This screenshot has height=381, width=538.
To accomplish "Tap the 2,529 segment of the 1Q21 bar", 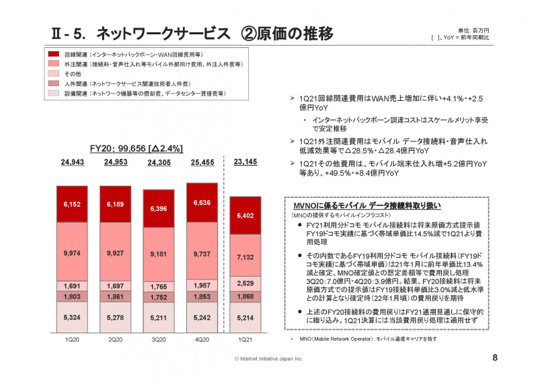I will coord(246,283).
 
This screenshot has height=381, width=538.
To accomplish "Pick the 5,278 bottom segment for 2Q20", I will coord(116,318).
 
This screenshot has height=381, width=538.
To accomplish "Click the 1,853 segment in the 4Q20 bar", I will coord(202,297).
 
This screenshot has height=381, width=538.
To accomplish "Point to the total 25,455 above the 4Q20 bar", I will coord(202,162).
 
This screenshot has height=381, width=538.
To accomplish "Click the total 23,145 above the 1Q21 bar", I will coord(246,162).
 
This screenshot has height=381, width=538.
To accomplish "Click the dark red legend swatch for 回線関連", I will coord(53,53).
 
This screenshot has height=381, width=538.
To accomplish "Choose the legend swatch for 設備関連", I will coord(53,94).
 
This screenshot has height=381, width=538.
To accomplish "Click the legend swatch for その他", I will coord(53,73).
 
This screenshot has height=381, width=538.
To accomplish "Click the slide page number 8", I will coord(495,357).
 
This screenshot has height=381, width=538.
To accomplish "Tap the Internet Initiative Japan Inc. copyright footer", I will coord(269,359).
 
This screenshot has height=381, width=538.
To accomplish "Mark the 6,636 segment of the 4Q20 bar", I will coord(202,203).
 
